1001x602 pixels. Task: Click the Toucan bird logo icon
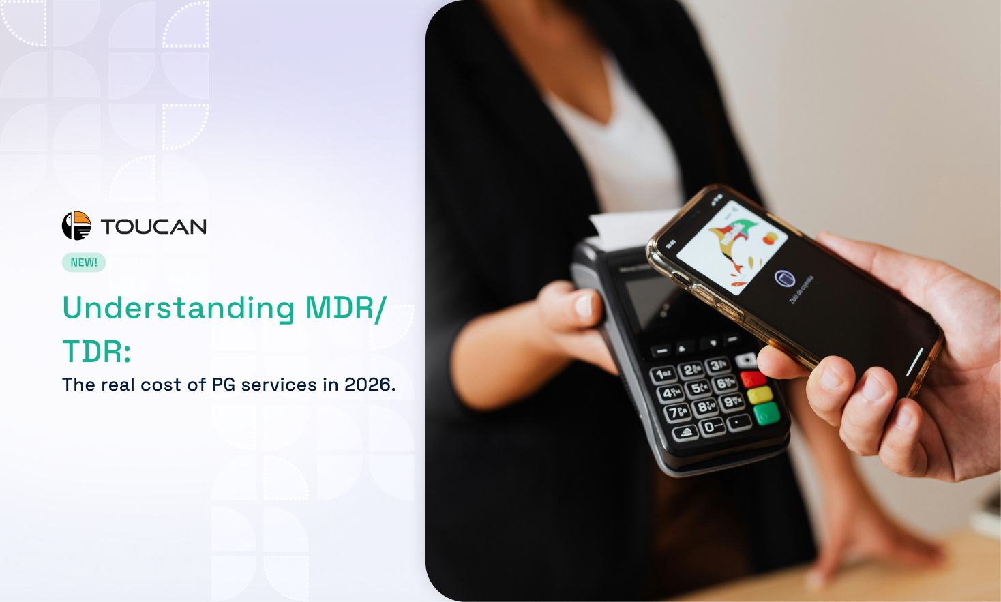76,226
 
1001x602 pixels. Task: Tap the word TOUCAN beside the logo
153,226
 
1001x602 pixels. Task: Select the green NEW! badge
84,262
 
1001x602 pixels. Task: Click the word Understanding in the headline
179,307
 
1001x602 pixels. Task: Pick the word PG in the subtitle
224,385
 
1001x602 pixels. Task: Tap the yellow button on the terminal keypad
760,395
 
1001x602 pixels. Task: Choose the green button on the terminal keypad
766,413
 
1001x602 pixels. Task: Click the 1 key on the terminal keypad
663,374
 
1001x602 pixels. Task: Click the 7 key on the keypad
678,412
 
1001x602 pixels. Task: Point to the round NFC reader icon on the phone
785,278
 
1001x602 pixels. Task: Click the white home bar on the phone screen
914,361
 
